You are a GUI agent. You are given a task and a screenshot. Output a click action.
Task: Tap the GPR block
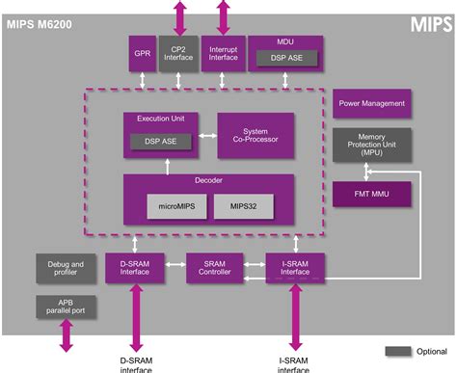coord(141,54)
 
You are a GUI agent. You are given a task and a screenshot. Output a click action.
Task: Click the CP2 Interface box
coord(178,54)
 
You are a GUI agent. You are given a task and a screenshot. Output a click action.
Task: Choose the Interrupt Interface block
coord(223,54)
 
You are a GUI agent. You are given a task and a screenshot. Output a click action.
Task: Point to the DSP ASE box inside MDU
coord(285,60)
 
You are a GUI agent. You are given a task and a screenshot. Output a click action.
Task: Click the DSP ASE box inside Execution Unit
coord(160,142)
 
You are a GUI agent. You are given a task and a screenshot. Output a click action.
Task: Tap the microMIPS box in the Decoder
coord(175,206)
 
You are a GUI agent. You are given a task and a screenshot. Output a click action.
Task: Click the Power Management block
coord(372,104)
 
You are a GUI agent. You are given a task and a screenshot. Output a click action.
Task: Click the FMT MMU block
coord(372,194)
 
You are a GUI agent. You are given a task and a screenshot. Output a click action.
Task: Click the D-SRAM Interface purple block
coord(134,267)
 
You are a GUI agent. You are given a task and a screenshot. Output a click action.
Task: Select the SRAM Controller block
coord(214,267)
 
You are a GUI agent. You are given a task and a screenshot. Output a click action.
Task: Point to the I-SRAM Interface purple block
coord(295,267)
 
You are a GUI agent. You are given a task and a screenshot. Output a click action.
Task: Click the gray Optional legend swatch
coord(398,350)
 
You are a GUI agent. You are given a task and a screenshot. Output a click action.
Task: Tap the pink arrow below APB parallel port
coord(67,335)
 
